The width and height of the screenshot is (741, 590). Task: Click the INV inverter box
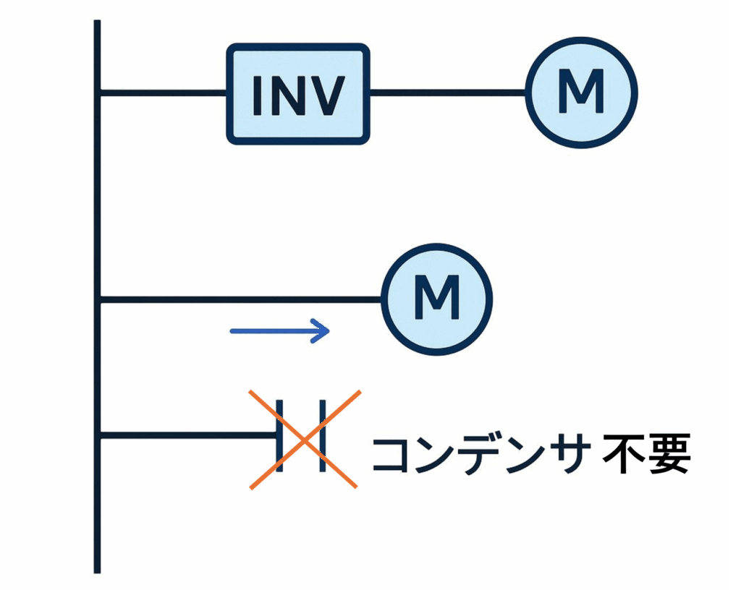click(298, 93)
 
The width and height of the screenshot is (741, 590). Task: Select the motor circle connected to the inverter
click(581, 93)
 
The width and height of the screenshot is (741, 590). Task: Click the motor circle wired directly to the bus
click(436, 298)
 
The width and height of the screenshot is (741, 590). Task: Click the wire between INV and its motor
click(447, 93)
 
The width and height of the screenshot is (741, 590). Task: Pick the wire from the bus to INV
click(163, 93)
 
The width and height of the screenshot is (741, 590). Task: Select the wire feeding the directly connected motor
click(239, 298)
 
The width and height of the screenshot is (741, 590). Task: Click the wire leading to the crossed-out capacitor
click(188, 435)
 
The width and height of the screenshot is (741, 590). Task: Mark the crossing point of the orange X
click(303, 439)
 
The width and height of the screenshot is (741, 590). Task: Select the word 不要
click(646, 454)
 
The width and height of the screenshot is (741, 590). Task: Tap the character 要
click(669, 454)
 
